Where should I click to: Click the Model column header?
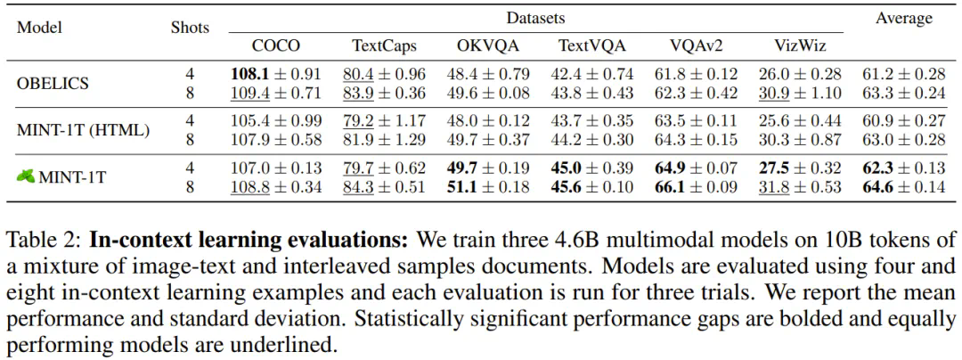point(39,27)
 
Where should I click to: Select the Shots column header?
point(190,27)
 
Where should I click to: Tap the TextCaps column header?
point(384,45)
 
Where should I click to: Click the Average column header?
point(903,18)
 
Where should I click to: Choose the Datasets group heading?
point(535,17)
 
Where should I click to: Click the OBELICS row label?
point(53,83)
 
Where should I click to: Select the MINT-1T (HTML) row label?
point(83,130)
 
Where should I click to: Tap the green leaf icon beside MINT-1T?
point(25,177)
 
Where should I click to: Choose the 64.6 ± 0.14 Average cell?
point(903,186)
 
